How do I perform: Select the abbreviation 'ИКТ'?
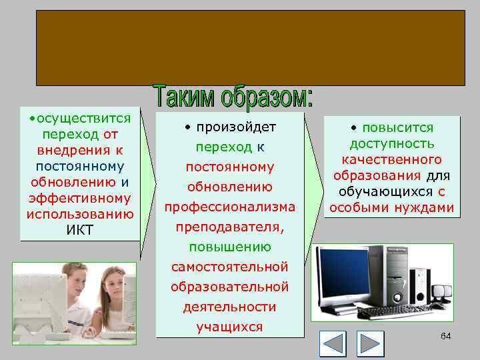pos(81,231)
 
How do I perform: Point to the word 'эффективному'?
pos(80,198)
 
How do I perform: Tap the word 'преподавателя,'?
pos(229,227)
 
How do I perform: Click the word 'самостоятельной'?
pos(229,267)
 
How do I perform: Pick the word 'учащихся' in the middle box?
pos(229,327)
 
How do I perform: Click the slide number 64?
pos(445,336)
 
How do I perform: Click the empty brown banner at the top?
pos(251,46)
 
